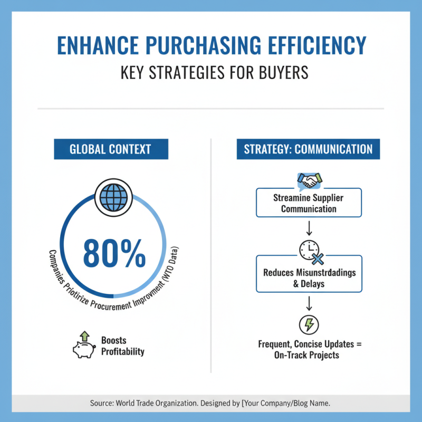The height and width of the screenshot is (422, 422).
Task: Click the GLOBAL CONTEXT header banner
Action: (111, 149)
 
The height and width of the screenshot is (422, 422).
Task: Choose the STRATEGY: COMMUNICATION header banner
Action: (308, 149)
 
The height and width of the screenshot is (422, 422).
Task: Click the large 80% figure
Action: (114, 254)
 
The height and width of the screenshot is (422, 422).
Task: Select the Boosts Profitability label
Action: (122, 346)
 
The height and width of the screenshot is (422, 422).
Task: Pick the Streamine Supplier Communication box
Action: (309, 203)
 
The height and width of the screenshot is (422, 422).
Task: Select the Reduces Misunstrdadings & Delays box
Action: (309, 277)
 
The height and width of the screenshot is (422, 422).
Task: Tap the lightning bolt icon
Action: (309, 323)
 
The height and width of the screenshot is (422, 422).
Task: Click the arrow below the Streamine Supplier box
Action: (309, 228)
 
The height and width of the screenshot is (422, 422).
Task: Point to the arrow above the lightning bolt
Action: (309, 302)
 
